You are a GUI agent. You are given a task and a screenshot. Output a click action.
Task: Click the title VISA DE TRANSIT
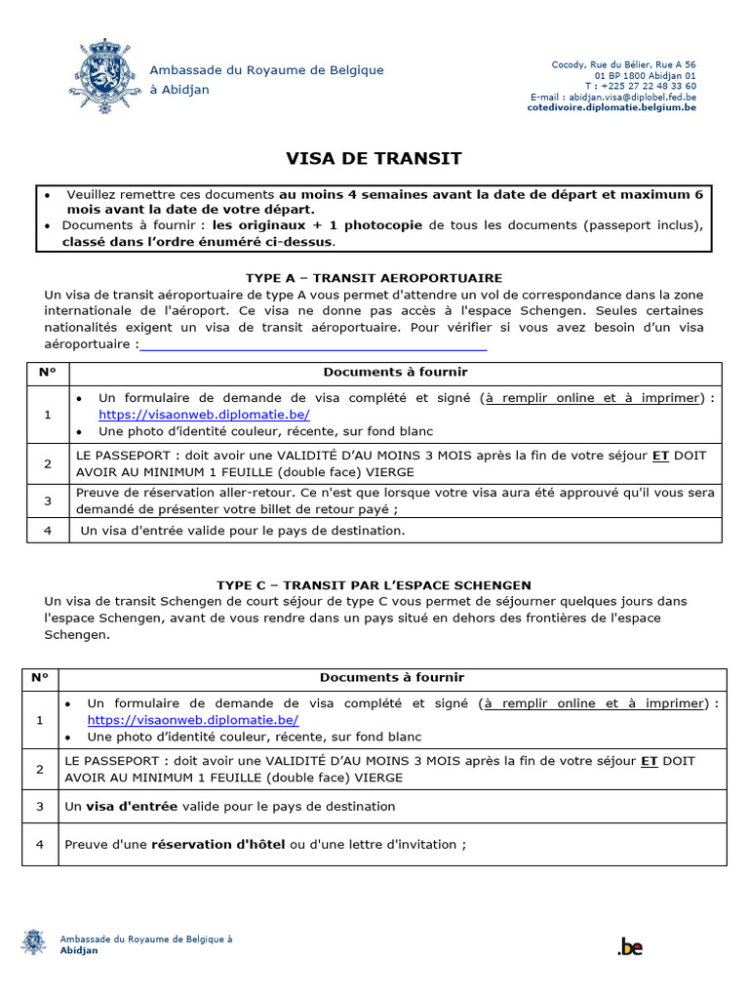(374, 158)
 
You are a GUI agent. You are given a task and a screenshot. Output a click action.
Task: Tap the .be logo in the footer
(630, 945)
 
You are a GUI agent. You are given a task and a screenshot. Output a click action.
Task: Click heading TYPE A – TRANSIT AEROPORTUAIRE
(374, 278)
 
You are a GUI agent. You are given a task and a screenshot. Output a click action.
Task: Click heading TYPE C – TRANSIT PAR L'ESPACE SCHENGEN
(374, 584)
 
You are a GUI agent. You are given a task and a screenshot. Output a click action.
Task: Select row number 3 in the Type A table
(48, 500)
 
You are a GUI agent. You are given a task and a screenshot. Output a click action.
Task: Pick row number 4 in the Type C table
(40, 844)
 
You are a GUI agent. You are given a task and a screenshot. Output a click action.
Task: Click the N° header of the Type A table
(48, 372)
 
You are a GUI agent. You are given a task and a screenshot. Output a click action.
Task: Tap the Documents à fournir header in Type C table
(392, 677)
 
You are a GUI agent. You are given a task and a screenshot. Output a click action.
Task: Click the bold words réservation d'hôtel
(218, 844)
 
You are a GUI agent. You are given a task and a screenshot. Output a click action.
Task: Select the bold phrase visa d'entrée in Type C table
(132, 807)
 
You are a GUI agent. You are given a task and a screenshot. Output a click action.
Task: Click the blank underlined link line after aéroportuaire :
(313, 344)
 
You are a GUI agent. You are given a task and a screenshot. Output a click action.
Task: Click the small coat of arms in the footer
(33, 942)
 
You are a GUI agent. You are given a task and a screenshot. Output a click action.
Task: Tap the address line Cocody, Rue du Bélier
(624, 64)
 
